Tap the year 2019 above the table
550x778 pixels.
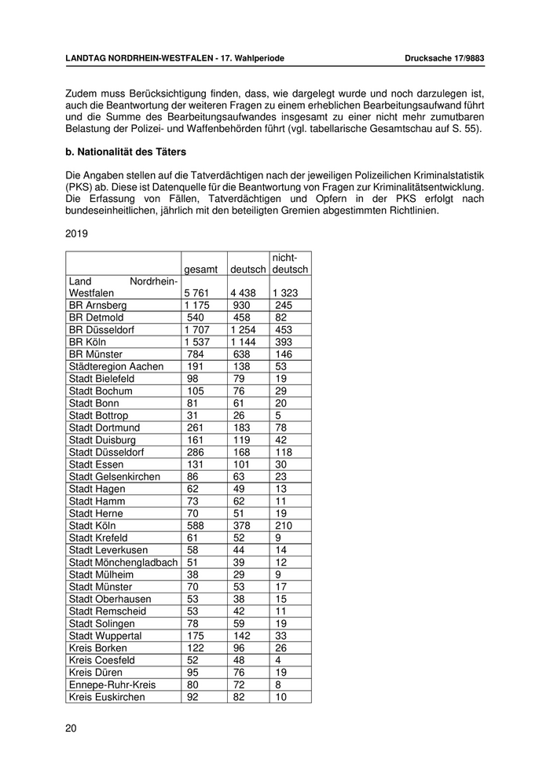(77, 233)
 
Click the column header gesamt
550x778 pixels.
(200, 270)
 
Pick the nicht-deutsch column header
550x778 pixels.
(290, 263)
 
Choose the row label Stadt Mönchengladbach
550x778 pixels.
(123, 563)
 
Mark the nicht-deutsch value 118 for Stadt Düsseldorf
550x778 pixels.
(284, 452)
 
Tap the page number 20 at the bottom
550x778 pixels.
(71, 728)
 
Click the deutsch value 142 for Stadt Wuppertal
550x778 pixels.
(243, 636)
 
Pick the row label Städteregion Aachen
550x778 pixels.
(116, 366)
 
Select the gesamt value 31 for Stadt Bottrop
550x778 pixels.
(193, 415)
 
